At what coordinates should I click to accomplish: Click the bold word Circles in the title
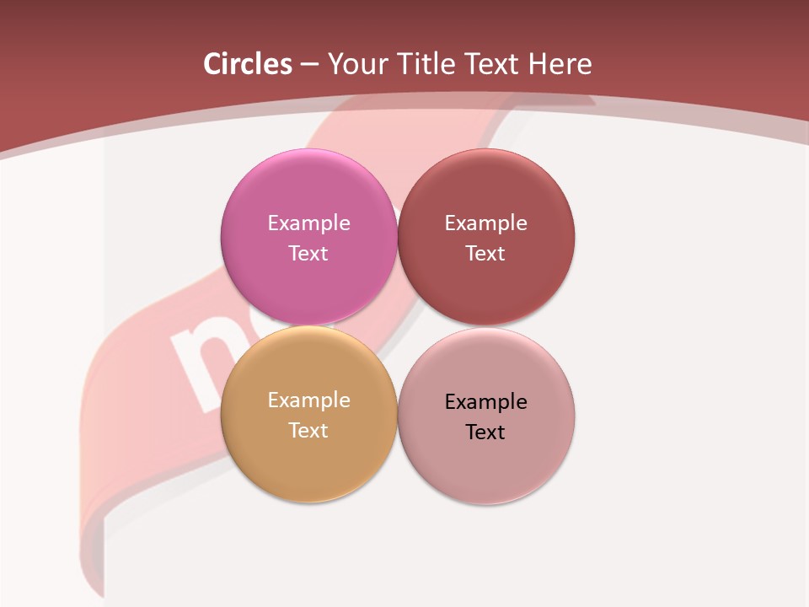tap(248, 64)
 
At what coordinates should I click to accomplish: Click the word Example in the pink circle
tap(308, 223)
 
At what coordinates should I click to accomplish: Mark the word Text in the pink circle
tap(308, 253)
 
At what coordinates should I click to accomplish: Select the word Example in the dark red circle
tap(485, 223)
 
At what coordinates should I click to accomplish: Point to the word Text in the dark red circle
tap(485, 253)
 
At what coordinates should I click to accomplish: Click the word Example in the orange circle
tap(308, 400)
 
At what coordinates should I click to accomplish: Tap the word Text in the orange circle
tap(308, 430)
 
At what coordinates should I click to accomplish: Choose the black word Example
tap(485, 401)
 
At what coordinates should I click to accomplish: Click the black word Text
tap(485, 432)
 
